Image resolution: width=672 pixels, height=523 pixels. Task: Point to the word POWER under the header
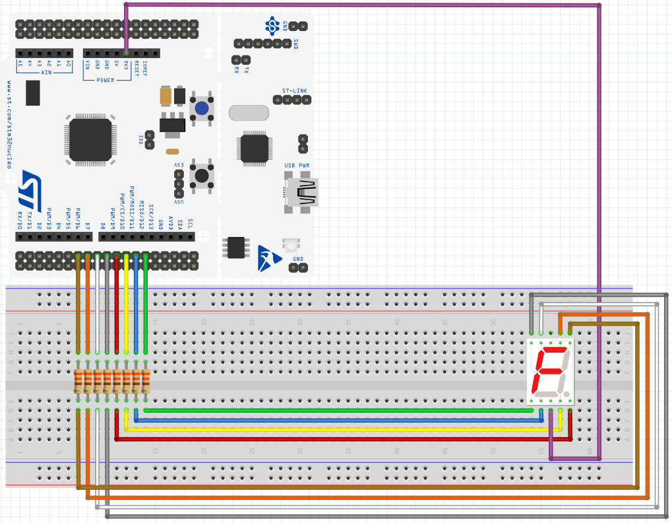[x=106, y=80]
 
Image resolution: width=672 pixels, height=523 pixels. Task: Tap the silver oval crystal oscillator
[x=249, y=112]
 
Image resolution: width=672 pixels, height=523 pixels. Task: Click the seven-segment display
[x=551, y=372]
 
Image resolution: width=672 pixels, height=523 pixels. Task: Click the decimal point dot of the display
[x=567, y=392]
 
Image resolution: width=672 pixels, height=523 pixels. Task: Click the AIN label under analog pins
[x=46, y=73]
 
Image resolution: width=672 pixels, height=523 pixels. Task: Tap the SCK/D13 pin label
[x=151, y=216]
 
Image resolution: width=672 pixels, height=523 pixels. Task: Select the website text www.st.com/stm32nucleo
[x=10, y=125]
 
